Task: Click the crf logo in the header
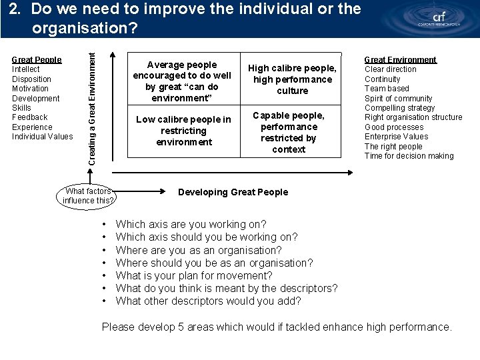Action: point(437,19)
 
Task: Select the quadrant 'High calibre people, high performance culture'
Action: point(292,79)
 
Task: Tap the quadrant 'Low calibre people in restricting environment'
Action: point(183,131)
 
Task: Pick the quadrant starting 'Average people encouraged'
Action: point(182,81)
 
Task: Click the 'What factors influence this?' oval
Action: point(89,195)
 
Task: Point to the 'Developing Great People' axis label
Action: point(233,192)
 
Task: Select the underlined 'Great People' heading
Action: point(37,59)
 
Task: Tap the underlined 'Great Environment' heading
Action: point(400,59)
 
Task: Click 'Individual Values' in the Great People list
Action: point(43,137)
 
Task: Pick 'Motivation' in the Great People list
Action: point(30,89)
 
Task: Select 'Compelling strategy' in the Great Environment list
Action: point(399,108)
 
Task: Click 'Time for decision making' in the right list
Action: point(409,156)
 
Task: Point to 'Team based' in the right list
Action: point(387,89)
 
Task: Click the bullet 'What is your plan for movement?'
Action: point(194,275)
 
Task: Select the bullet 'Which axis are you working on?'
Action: point(191,224)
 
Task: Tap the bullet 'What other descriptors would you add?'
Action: point(208,301)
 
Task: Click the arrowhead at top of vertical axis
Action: point(113,56)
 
